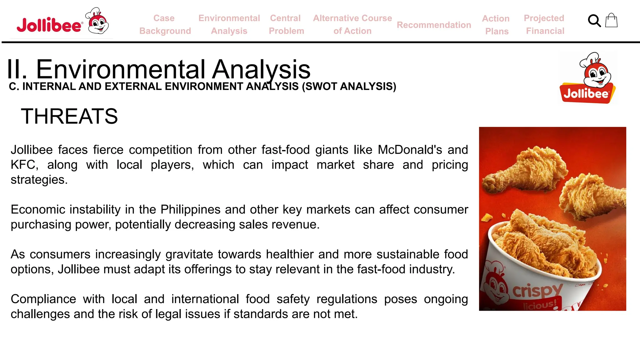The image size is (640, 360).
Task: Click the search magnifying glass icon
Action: point(594,21)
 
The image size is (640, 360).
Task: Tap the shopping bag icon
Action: point(611,20)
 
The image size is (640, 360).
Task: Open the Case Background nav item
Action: point(165,24)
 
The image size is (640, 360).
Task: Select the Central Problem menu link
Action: point(286,24)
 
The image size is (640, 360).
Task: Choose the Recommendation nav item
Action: point(434,25)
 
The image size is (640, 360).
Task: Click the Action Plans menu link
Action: point(496,25)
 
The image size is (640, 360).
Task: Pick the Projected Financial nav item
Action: point(544,24)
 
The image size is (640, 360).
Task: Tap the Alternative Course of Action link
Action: point(352,24)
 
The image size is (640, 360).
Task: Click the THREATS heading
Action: point(69,116)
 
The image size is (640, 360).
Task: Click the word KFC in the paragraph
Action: point(24,165)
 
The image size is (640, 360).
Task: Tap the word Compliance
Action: point(43,299)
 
